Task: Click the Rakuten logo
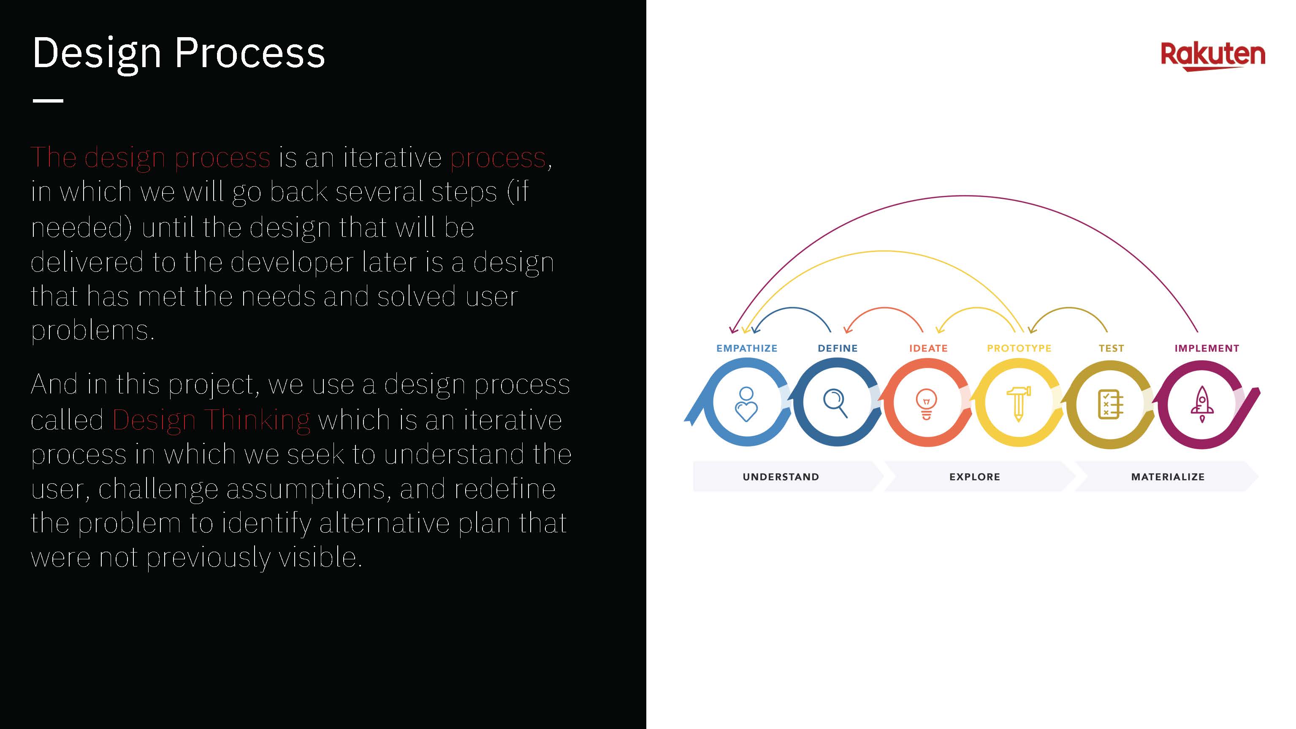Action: coord(1212,56)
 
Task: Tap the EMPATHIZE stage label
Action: coord(747,348)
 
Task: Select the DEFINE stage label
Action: coord(838,348)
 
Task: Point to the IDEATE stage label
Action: coord(928,348)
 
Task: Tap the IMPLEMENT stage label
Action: coord(1207,348)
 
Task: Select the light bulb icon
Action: coord(927,404)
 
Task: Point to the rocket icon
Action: coord(1202,404)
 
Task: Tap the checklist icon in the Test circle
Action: coord(1110,404)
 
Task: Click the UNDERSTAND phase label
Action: coord(781,477)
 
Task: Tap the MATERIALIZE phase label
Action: coord(1168,477)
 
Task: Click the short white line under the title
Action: coord(48,100)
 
